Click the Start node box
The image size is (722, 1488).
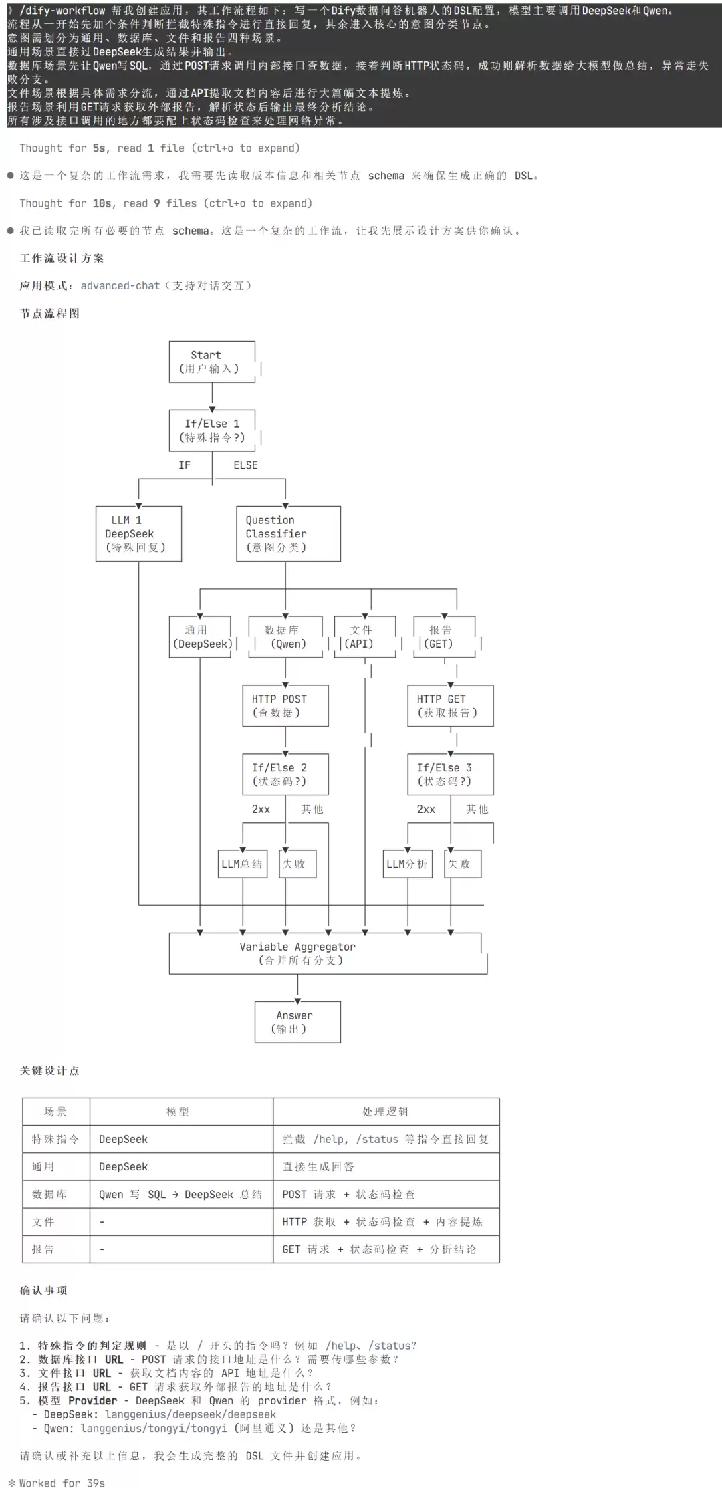pos(212,362)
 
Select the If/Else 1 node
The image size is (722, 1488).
pos(212,430)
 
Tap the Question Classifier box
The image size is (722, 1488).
pos(288,533)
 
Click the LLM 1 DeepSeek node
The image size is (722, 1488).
pos(138,533)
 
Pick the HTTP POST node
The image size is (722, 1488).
pos(285,705)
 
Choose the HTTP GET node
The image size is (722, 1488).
pos(451,705)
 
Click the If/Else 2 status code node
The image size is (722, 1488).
pos(285,774)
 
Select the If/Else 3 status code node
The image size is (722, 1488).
pos(451,774)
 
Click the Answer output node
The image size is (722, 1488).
pos(297,1022)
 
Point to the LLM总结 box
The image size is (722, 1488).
pos(243,864)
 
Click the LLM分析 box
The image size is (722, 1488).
pos(408,864)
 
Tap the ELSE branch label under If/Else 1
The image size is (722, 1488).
pos(245,465)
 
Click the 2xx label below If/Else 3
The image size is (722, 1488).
pos(426,809)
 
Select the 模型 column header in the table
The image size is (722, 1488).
pos(178,1112)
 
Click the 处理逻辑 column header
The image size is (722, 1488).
pos(386,1112)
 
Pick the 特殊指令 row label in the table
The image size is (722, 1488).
pos(55,1139)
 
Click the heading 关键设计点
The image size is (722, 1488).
pos(49,1070)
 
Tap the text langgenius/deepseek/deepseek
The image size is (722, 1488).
pos(191,1414)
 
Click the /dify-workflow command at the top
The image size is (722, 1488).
pos(62,11)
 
